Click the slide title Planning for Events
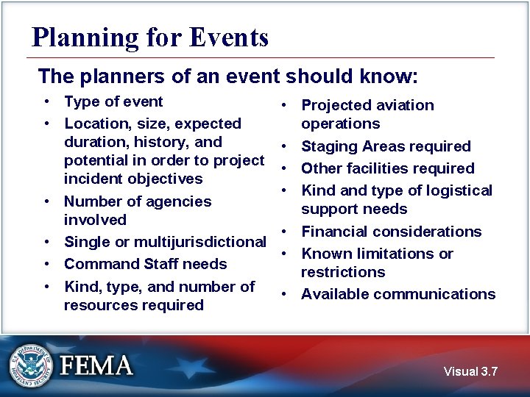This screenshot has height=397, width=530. [150, 37]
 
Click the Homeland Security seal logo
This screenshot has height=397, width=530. [31, 364]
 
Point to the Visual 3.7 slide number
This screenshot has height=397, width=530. [470, 371]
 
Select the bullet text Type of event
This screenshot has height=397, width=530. [113, 101]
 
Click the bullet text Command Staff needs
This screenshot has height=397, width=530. [145, 264]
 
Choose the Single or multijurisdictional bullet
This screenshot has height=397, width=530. [165, 242]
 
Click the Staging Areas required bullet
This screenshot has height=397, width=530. [386, 146]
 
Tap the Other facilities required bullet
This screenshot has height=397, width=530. [387, 168]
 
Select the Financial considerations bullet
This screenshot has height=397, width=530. [391, 232]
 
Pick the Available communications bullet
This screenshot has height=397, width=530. [398, 294]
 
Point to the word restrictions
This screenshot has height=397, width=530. [342, 272]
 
